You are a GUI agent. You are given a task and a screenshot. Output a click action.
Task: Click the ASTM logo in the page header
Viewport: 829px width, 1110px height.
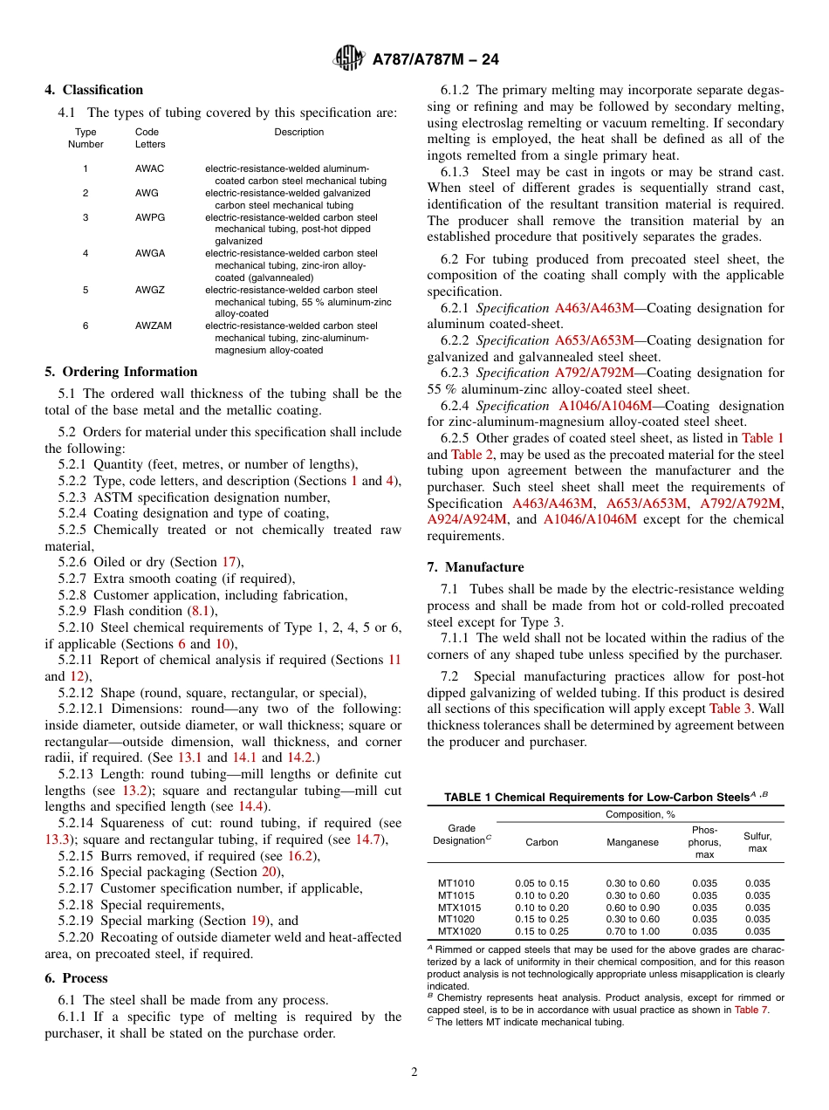[349, 59]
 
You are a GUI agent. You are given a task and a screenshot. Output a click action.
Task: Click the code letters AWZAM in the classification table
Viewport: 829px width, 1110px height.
[154, 325]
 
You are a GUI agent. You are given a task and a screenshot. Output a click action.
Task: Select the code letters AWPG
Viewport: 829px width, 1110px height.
[150, 217]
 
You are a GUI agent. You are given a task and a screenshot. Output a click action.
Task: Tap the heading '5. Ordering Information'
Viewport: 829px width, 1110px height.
[121, 372]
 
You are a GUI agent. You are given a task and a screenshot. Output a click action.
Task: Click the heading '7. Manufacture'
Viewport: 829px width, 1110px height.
[476, 567]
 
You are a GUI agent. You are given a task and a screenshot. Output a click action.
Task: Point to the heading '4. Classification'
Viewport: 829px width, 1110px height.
[94, 90]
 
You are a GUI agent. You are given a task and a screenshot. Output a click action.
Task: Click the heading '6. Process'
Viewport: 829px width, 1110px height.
[77, 978]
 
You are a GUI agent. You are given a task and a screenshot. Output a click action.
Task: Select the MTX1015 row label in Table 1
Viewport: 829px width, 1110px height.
[459, 908]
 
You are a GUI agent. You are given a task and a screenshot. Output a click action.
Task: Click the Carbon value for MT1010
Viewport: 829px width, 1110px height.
[541, 883]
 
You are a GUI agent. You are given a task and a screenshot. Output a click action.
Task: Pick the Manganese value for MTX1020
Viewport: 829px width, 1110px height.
[633, 931]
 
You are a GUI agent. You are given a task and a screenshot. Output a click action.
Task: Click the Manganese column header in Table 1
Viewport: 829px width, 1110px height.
[633, 843]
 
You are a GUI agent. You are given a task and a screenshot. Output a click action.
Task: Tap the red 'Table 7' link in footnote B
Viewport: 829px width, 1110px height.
[751, 1010]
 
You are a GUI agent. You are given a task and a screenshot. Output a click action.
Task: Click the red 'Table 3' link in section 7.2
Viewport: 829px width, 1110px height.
[730, 709]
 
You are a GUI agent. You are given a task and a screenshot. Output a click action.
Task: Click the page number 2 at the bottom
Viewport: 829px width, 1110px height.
[414, 1072]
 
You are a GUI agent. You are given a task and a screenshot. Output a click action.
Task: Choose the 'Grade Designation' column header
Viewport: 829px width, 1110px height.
[462, 834]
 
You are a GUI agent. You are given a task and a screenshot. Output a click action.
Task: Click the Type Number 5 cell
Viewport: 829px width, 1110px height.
[86, 290]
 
